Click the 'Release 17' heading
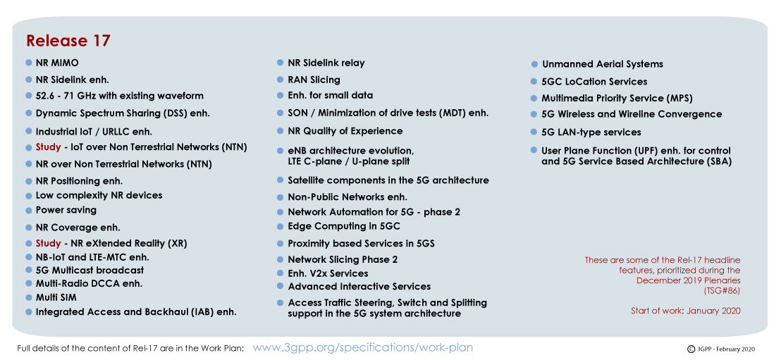[68, 41]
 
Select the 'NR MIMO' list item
[57, 63]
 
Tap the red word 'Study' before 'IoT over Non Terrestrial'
[49, 147]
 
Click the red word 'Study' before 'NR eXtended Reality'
[49, 244]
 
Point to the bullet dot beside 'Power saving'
[29, 210]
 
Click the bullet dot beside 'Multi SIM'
[29, 298]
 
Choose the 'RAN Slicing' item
[314, 80]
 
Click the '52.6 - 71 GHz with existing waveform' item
[120, 96]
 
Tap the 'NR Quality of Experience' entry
[345, 131]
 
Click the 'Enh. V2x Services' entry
[328, 273]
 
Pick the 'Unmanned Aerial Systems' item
[603, 64]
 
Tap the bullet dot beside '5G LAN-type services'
[534, 132]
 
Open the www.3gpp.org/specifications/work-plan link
[362, 347]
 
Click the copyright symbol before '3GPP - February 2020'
[691, 349]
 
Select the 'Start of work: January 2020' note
[686, 311]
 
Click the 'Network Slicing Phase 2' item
[343, 259]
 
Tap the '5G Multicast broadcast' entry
[90, 270]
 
